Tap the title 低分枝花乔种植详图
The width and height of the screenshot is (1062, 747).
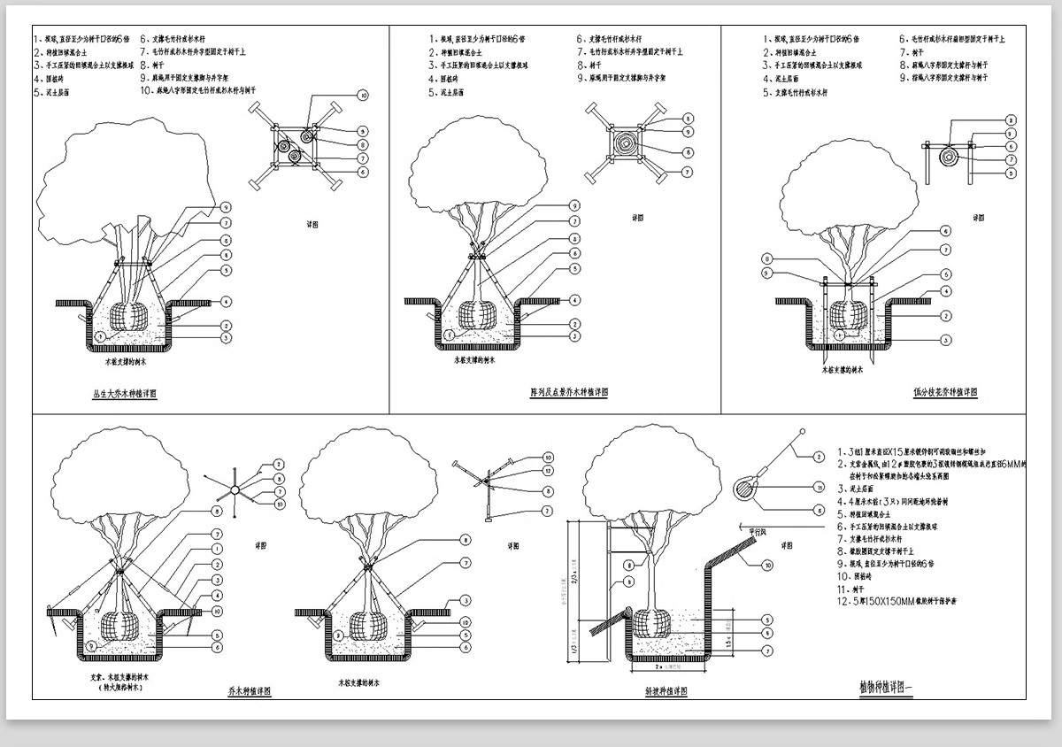[x=945, y=392]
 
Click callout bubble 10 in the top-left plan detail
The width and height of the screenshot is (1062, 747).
[x=363, y=95]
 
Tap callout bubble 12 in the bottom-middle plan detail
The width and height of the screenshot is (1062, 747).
[x=548, y=472]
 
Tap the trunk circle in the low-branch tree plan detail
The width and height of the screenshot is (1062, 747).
[x=947, y=158]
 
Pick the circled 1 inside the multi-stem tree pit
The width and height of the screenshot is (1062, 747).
[x=100, y=336]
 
